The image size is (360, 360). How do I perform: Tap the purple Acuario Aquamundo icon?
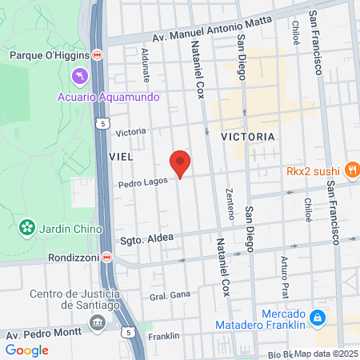80,76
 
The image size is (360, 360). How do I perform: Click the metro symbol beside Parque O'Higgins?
98,54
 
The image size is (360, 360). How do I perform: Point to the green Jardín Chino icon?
29,228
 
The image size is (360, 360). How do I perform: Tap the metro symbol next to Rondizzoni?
117,258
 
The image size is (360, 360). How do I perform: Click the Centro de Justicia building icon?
98,322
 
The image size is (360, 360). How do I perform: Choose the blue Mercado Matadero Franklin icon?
318,318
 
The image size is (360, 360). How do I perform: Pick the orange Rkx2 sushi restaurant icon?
350,169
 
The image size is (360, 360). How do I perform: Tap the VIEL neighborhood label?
120,156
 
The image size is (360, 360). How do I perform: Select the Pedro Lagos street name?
142,182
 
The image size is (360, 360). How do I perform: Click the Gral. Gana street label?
170,295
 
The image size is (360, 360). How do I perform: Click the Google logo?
26,350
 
